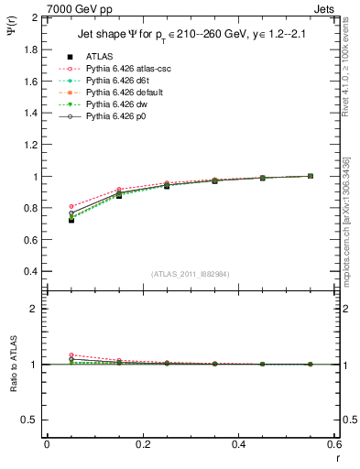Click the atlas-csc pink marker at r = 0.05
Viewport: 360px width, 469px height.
(x=71, y=207)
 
